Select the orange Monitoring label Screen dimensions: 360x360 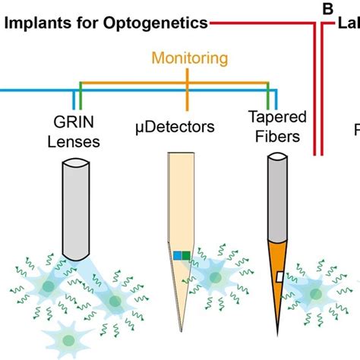point(181,57)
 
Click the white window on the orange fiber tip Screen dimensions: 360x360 point(279,276)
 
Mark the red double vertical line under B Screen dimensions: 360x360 point(320,91)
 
